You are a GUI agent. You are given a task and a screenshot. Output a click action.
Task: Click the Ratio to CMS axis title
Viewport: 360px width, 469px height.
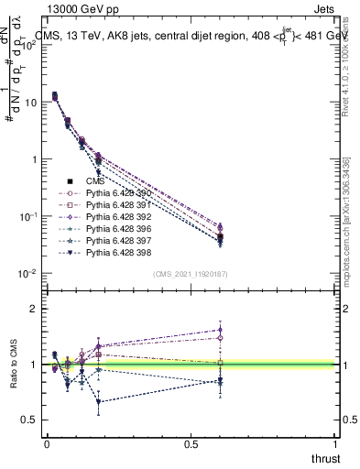(x=14, y=365)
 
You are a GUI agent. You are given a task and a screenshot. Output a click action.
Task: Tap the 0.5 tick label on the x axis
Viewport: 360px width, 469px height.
(x=191, y=443)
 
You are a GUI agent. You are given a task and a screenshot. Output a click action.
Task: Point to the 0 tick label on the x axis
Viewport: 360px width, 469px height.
(x=47, y=443)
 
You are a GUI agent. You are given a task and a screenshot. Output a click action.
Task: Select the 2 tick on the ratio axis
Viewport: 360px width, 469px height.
(x=33, y=309)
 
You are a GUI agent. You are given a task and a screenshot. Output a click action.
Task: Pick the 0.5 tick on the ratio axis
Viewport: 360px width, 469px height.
(x=29, y=420)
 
